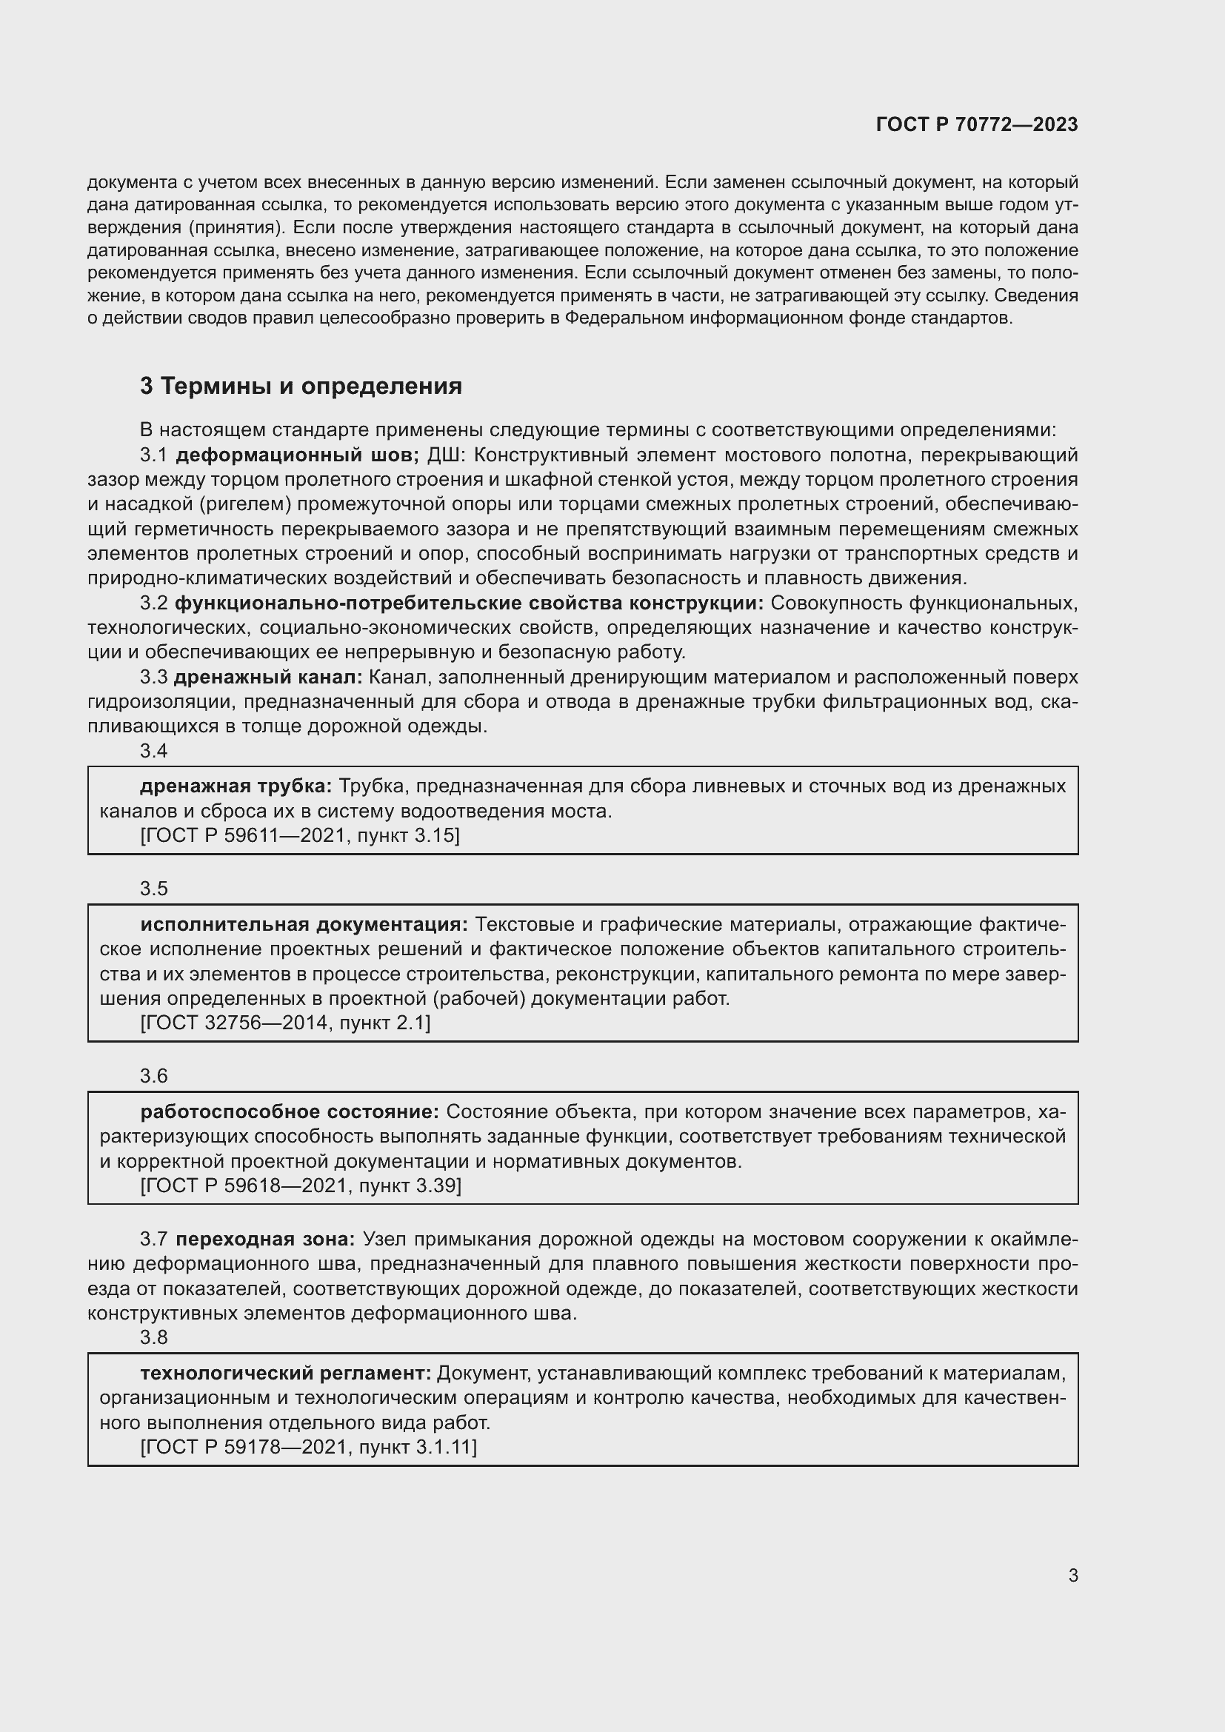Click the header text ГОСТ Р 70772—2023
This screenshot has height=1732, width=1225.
point(977,124)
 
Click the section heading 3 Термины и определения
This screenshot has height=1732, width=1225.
point(301,387)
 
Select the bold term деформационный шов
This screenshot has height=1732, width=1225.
point(297,455)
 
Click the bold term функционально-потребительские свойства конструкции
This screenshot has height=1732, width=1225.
point(469,603)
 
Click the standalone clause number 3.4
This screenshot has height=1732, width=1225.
point(154,751)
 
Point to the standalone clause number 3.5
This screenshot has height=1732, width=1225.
point(154,889)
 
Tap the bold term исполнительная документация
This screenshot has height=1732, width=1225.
point(304,924)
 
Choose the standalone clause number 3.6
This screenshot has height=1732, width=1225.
point(154,1076)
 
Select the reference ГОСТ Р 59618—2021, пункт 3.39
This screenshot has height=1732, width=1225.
point(300,1185)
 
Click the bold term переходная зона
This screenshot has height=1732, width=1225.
point(266,1239)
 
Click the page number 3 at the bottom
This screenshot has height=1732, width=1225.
point(1072,1575)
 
